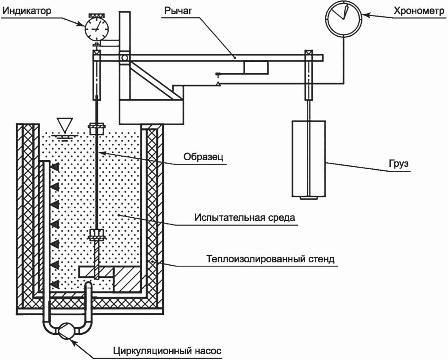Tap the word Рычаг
(x=178, y=11)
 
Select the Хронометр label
(x=419, y=11)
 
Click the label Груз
(x=399, y=164)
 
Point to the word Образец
(x=203, y=157)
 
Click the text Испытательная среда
(x=245, y=217)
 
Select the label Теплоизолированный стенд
(x=270, y=259)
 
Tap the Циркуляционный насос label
(x=167, y=351)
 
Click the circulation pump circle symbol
(x=67, y=331)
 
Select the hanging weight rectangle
(x=309, y=159)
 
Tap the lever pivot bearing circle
(x=124, y=57)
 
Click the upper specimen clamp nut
(x=97, y=129)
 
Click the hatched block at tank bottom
(x=127, y=279)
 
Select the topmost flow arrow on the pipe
(x=55, y=167)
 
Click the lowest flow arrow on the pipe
(x=55, y=284)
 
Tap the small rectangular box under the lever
(x=256, y=68)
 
